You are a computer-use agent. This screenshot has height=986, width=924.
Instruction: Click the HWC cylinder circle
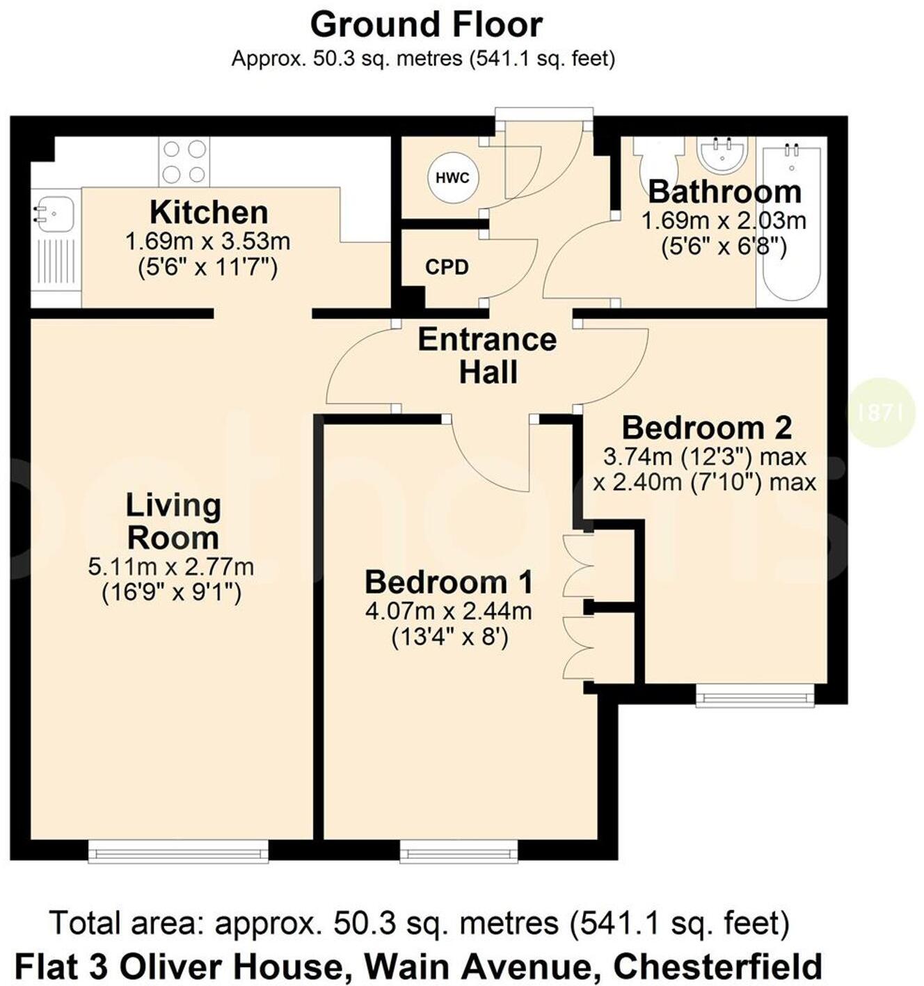452,177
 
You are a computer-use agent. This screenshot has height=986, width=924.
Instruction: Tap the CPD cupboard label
447,267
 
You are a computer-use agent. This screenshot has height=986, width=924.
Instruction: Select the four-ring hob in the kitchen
184,161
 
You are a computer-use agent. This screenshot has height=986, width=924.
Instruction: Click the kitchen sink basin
54,213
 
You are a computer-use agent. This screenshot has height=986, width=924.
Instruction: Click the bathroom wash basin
722,152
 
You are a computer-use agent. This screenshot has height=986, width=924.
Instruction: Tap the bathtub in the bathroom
791,223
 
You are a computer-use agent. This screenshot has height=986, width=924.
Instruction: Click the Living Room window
178,850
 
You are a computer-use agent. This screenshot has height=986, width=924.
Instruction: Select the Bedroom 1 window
459,850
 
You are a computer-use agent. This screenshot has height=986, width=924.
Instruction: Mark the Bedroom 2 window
755,694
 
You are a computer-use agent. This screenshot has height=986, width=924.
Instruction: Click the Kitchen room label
209,212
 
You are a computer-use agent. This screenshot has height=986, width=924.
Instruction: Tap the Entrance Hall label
487,356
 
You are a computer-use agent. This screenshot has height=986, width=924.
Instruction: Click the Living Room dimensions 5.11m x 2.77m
171,567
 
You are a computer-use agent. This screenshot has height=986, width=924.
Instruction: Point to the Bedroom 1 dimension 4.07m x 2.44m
449,612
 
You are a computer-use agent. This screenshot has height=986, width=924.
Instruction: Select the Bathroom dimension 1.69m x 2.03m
724,221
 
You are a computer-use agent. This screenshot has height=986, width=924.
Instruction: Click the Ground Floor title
426,25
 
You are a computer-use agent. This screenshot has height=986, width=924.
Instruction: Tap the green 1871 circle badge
881,412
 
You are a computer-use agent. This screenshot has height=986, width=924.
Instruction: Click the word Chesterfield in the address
717,967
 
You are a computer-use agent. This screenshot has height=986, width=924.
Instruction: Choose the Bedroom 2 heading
706,427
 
